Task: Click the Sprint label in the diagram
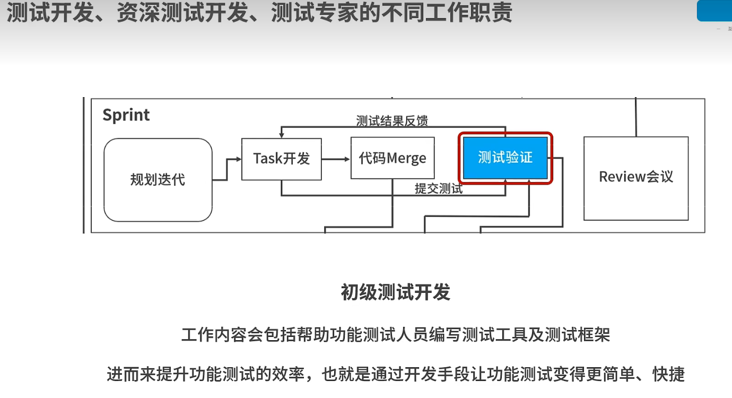pyautogui.click(x=126, y=115)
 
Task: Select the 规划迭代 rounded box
pyautogui.click(x=158, y=179)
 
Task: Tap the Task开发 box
pyautogui.click(x=281, y=159)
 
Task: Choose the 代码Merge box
pyautogui.click(x=393, y=158)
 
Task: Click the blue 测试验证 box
pyautogui.click(x=505, y=158)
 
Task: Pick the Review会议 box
pyautogui.click(x=636, y=178)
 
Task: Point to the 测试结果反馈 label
pyautogui.click(x=392, y=120)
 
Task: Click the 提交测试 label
pyautogui.click(x=439, y=188)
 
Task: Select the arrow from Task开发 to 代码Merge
pyautogui.click(x=336, y=159)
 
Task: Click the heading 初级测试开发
pyautogui.click(x=395, y=292)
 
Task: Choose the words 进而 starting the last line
pyautogui.click(x=120, y=374)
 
